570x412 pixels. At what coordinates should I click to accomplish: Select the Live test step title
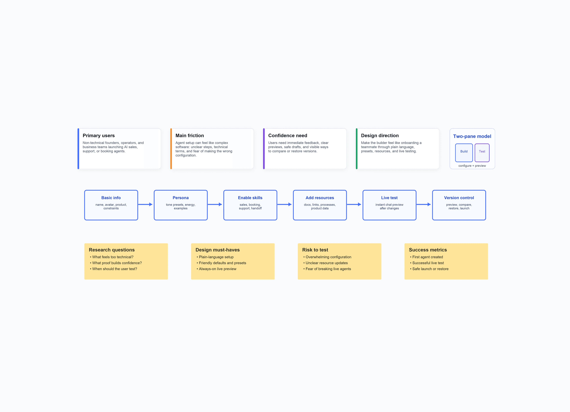[x=389, y=198]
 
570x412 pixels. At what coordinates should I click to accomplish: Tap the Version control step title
[x=459, y=198]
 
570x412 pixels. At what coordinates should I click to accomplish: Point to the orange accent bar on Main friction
[x=171, y=149]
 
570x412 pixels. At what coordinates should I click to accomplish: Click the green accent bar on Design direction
[x=357, y=149]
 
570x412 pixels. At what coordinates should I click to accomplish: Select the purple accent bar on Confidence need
[x=264, y=149]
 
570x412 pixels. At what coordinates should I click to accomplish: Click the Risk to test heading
[x=315, y=250]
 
